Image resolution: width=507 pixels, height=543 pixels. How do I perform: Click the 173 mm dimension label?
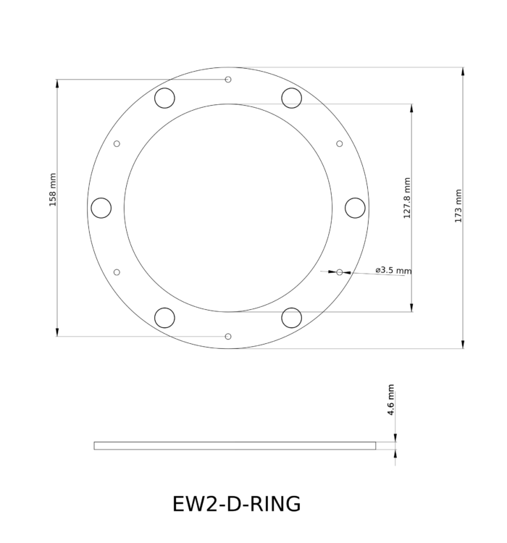tap(458, 206)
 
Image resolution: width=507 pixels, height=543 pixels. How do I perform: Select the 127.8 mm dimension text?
tap(407, 198)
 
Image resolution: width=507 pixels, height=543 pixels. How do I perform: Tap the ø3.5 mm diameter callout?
tap(393, 270)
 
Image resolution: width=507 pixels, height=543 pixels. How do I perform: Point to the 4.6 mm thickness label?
tap(391, 400)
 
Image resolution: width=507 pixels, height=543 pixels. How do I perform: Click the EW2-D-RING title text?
tap(237, 503)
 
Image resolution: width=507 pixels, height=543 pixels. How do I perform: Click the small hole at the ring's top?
tap(228, 79)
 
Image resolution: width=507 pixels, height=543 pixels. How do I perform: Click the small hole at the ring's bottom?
tap(228, 336)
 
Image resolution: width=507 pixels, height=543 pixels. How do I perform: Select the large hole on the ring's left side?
tap(101, 208)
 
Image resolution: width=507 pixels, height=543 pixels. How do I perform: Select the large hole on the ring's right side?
tap(355, 208)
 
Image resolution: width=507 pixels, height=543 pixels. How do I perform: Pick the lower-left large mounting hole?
tap(165, 317)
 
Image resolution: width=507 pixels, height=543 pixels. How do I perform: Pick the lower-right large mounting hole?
tap(291, 317)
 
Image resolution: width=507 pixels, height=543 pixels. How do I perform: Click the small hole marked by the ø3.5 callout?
tap(340, 272)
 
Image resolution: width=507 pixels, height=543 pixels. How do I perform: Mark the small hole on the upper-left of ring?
tap(117, 143)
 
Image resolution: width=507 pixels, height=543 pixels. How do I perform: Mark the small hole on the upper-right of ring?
tap(340, 143)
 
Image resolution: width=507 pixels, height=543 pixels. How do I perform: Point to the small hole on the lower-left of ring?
tap(117, 272)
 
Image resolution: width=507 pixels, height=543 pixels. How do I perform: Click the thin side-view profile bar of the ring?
tap(235, 445)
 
